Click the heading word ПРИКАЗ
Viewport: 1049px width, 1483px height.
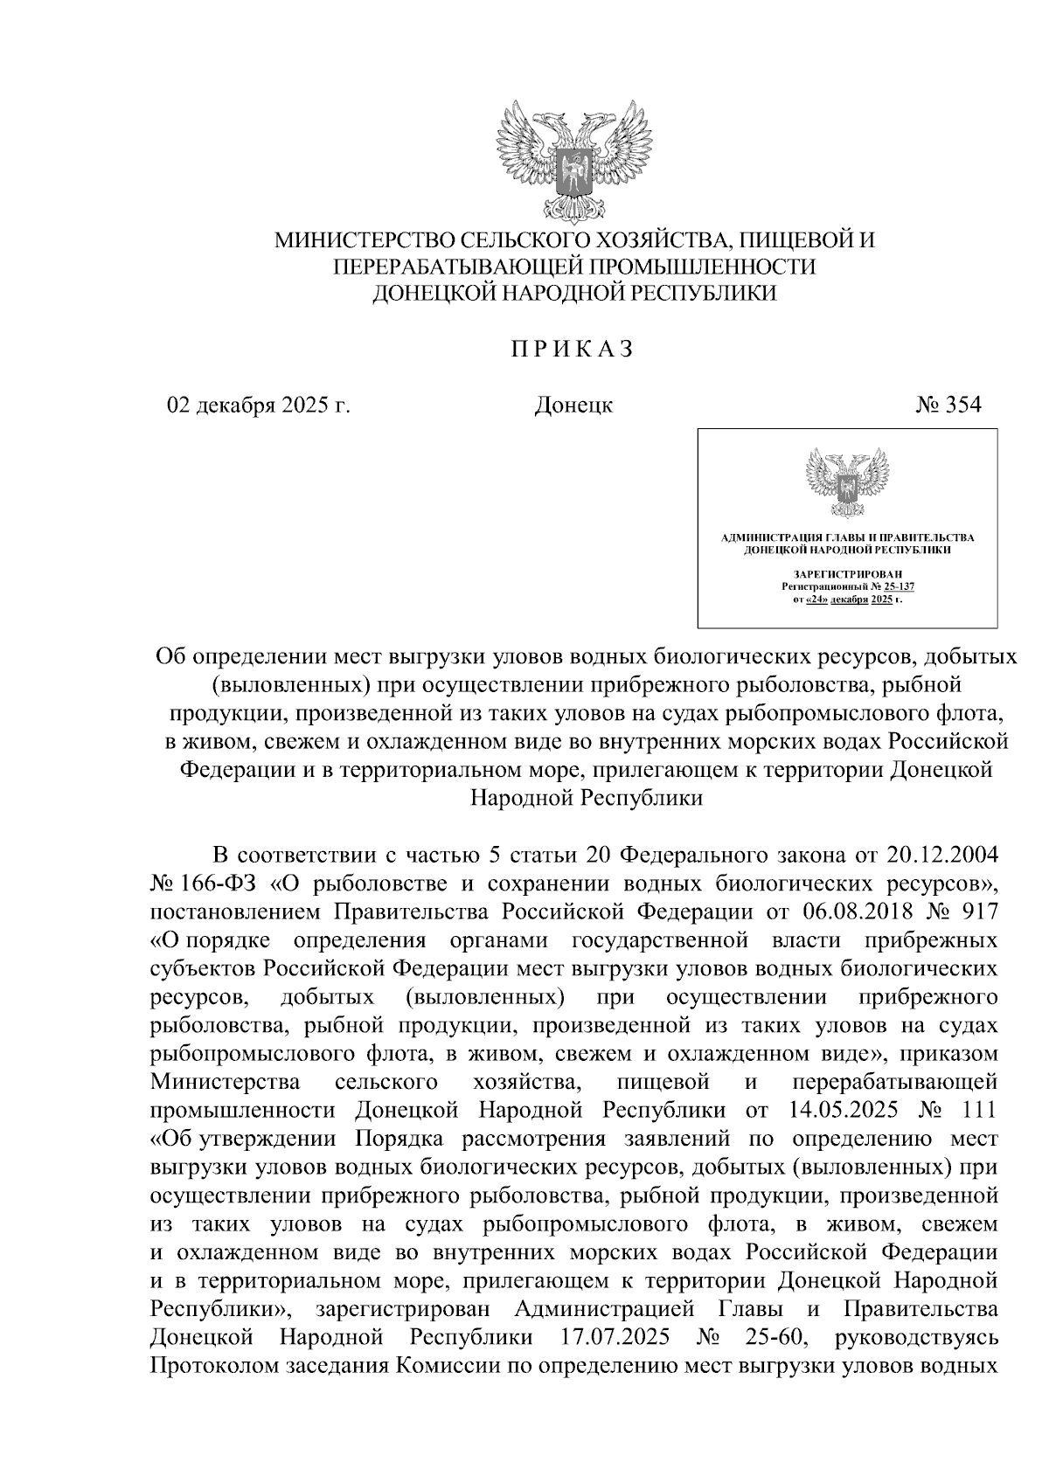pos(573,349)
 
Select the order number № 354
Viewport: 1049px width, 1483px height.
pos(948,405)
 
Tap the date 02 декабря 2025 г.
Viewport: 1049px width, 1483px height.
pos(259,405)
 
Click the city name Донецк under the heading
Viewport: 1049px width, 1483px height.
pos(573,405)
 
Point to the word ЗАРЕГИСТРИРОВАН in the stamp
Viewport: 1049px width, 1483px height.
pos(846,572)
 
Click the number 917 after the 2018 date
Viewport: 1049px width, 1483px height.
pos(978,911)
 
